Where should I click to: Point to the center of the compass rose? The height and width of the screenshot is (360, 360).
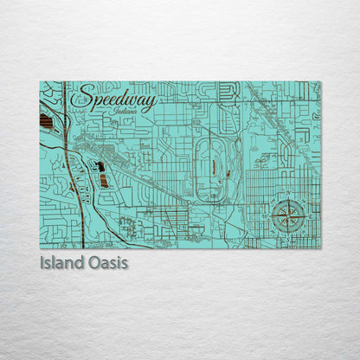point(285,216)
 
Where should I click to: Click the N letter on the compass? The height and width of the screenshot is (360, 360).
point(285,198)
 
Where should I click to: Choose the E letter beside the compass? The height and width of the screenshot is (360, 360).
point(303,216)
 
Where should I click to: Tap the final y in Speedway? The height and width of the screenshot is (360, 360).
point(152,104)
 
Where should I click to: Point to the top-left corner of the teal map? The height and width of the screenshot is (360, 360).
point(40,82)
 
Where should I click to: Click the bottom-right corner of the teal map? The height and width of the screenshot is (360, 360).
point(320,247)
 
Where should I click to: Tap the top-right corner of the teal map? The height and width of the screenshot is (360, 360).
point(320,82)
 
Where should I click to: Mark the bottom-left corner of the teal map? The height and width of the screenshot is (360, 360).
point(40,247)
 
